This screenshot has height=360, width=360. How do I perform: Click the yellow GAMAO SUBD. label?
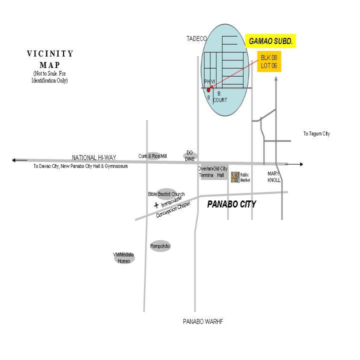click(x=271, y=41)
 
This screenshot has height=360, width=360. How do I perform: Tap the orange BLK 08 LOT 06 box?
click(x=269, y=61)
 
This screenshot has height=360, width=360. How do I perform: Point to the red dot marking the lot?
click(x=209, y=90)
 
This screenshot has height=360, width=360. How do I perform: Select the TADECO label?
click(x=196, y=38)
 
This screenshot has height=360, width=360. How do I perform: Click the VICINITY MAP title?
click(x=50, y=59)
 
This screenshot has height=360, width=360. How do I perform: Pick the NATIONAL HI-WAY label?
click(x=94, y=157)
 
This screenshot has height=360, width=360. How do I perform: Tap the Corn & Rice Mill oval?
click(x=152, y=156)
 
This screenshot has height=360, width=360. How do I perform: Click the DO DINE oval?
click(x=190, y=156)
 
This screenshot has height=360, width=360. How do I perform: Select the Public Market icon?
click(x=235, y=177)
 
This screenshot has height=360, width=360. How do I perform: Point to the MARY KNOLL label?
click(x=274, y=177)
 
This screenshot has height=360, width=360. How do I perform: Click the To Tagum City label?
click(x=316, y=134)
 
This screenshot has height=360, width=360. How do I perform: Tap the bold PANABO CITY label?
click(x=231, y=204)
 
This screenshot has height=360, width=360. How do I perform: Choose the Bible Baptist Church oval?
click(x=166, y=194)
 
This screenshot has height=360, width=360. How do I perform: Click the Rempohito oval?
click(x=160, y=246)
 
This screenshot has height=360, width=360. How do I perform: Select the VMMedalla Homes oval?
click(x=123, y=258)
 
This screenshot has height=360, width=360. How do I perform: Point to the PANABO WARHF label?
click(x=202, y=322)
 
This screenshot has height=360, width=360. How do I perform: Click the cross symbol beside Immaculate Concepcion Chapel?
click(x=156, y=205)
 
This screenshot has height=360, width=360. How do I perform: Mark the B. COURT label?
click(x=220, y=97)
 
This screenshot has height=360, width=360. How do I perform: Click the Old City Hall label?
click(x=220, y=172)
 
